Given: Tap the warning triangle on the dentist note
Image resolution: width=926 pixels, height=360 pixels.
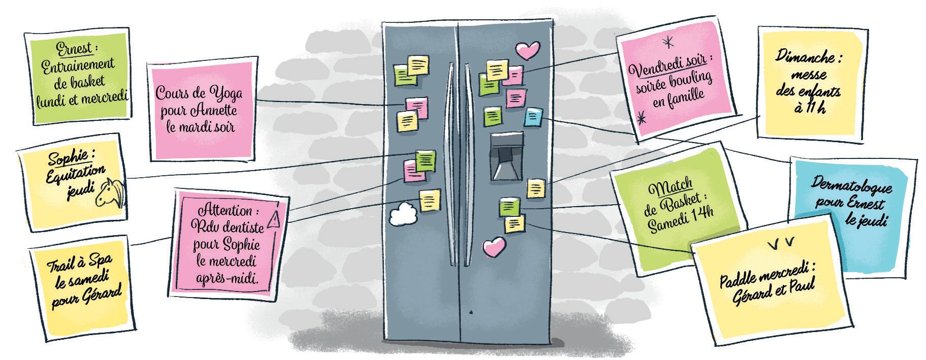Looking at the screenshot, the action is [274, 219].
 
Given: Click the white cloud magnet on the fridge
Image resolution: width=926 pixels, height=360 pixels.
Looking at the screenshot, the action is [404, 214].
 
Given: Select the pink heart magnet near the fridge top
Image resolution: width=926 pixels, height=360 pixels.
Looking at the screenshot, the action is [527, 50].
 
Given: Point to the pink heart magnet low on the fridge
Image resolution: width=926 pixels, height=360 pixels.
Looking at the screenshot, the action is [494, 247].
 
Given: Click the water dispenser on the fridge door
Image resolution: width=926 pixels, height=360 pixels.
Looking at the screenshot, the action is [506, 157].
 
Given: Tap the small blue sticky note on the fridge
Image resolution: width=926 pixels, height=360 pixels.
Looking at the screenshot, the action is [533, 117].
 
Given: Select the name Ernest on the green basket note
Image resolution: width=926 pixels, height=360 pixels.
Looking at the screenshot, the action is [75, 48].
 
